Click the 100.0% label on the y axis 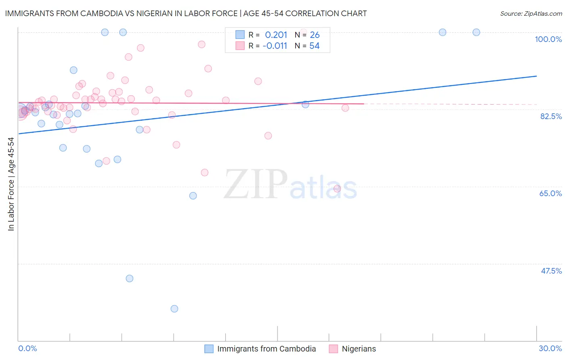tap(548, 39)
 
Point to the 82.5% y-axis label tap(551, 116)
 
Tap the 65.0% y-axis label tap(550, 193)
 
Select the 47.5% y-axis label tap(551, 271)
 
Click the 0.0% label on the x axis tap(27, 348)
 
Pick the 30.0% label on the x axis tap(550, 348)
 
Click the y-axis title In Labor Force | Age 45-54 tap(11, 184)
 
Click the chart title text tap(186, 13)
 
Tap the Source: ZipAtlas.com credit tap(531, 13)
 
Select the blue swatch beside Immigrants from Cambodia tap(209, 349)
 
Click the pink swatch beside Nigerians tap(334, 349)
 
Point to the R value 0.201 tap(276, 35)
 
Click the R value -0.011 tap(275, 46)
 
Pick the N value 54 tap(314, 46)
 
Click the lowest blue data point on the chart tap(174, 309)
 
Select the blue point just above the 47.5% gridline tap(129, 278)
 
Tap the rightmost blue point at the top tap(476, 32)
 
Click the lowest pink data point tap(337, 188)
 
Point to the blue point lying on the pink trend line tap(305, 105)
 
